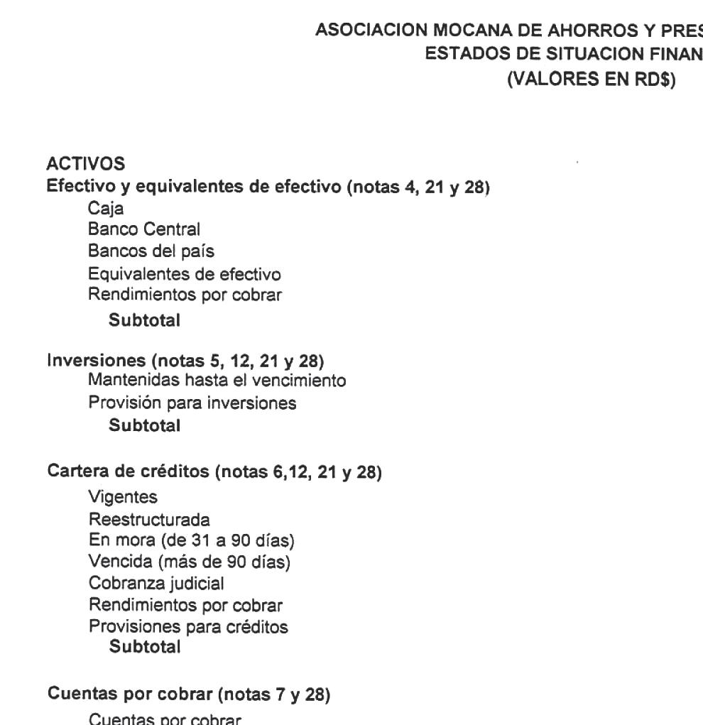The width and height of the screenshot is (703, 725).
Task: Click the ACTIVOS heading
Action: click(x=85, y=164)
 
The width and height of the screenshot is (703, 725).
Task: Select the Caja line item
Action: click(x=103, y=211)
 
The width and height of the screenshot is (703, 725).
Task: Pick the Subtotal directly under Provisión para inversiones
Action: click(x=144, y=426)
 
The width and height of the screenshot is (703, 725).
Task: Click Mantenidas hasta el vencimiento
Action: click(x=217, y=381)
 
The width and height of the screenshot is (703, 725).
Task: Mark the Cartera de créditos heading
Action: click(x=214, y=472)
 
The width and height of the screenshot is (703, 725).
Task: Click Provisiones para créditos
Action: click(x=188, y=628)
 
